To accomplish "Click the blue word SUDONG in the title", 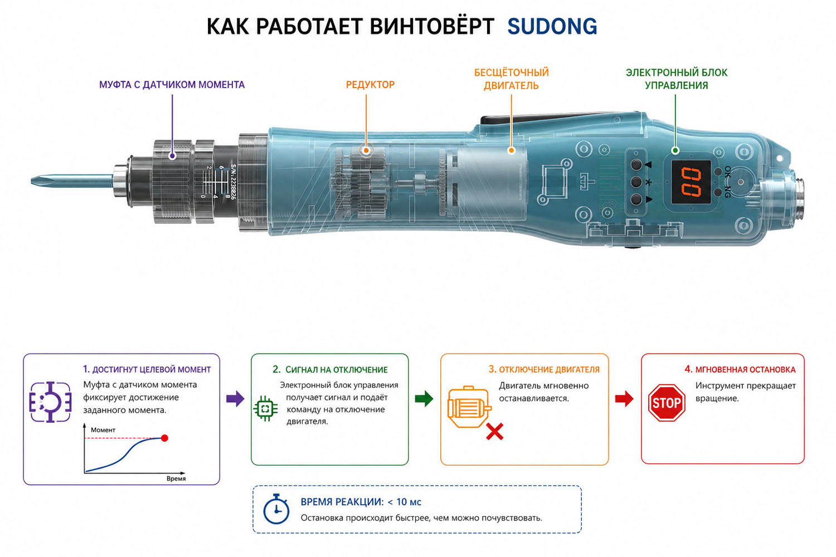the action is (x=552, y=26).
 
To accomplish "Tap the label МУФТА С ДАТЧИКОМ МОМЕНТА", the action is (x=172, y=85).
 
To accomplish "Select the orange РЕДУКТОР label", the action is (x=370, y=85).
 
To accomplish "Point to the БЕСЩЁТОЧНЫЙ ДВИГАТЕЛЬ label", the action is (x=511, y=79).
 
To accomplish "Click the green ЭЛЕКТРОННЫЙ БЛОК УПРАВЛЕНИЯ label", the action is (x=676, y=79).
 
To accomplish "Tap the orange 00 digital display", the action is (x=691, y=182).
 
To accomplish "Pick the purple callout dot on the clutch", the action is (x=172, y=155).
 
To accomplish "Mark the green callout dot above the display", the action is (x=675, y=150).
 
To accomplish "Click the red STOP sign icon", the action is (x=667, y=403).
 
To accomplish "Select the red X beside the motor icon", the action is (x=494, y=432).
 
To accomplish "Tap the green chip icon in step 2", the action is (x=265, y=408).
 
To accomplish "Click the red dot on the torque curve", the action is (x=164, y=438).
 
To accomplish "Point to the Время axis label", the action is (x=176, y=478).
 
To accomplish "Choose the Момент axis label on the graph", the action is (x=103, y=430).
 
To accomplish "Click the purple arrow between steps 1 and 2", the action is (x=235, y=399).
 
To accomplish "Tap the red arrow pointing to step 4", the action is (x=624, y=399).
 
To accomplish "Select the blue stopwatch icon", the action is (x=276, y=509).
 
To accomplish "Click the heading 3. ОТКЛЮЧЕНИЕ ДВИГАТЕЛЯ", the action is (x=544, y=369).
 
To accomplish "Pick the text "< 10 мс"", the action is (x=404, y=502).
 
